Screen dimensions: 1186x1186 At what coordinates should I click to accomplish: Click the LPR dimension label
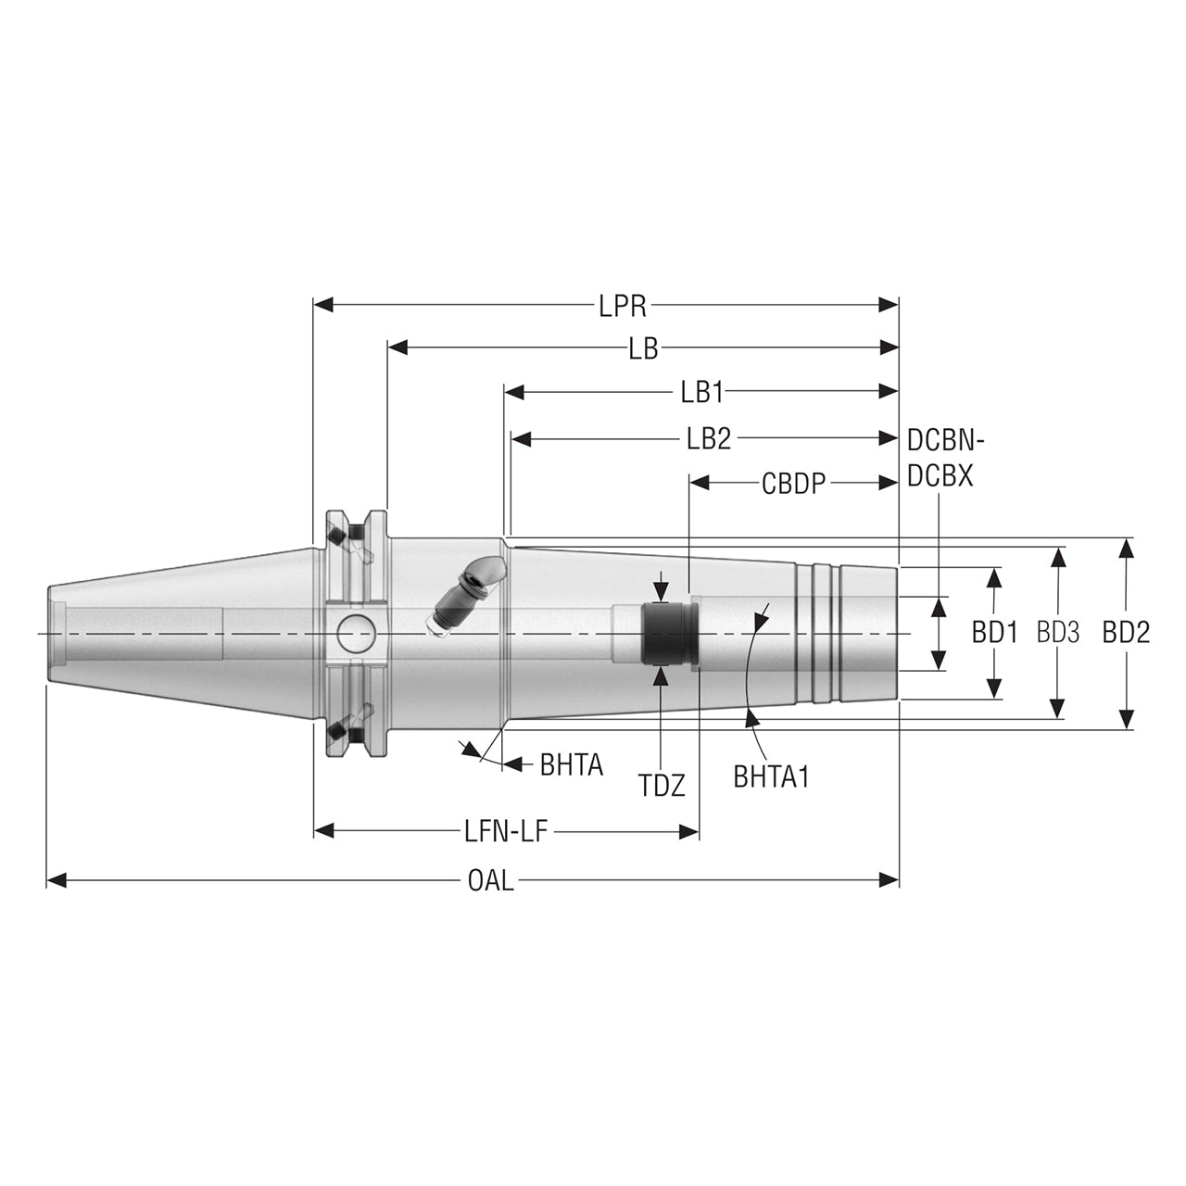pos(622,305)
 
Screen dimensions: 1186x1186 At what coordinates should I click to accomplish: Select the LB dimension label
pos(643,348)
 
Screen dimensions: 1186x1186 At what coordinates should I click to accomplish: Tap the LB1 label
pos(701,392)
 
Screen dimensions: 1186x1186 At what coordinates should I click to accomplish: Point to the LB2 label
pos(709,438)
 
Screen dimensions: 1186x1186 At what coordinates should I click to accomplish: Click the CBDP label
pos(793,483)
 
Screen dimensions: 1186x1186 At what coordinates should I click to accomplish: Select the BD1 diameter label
pos(994,633)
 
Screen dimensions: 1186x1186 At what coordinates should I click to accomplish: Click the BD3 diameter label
pos(1058,633)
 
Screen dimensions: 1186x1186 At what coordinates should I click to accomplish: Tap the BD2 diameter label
pos(1126,633)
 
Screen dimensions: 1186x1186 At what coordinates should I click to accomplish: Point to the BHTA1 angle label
pos(771,776)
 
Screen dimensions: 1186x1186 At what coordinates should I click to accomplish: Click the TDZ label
pos(662,786)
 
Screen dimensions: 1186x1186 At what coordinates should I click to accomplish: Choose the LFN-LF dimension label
pos(507,831)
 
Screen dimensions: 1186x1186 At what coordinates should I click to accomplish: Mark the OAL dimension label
pos(490,880)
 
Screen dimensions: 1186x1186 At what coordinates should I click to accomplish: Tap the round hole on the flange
pos(356,634)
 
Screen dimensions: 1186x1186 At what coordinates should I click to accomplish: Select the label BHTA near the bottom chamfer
pos(571,764)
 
